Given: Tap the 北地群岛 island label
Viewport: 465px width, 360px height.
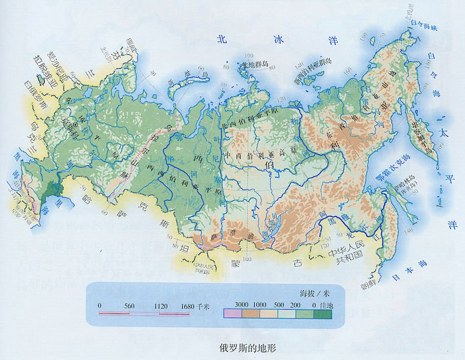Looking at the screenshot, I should [255, 64].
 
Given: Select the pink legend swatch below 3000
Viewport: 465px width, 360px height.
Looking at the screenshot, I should [233, 313].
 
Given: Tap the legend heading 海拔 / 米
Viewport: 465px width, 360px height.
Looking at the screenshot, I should [313, 293].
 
